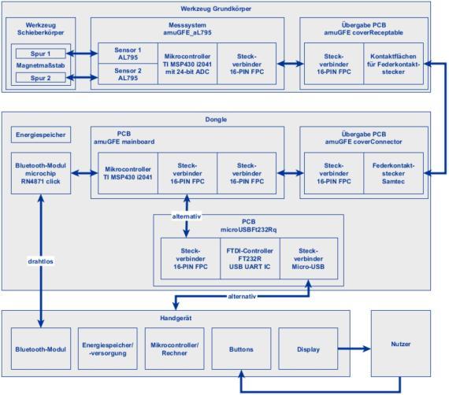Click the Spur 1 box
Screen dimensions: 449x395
[41, 54]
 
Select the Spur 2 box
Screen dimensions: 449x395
[41, 78]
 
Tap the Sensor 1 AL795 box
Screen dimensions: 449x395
[128, 54]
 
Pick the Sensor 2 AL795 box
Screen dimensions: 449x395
[128, 74]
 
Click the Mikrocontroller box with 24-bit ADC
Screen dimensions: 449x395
[187, 64]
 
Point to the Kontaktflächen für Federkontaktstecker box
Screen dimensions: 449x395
[393, 64]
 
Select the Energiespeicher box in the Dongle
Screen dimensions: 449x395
[41, 135]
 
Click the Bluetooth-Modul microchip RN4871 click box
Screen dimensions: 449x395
[41, 173]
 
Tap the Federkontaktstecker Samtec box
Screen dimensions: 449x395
[393, 173]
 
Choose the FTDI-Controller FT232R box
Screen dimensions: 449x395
[250, 259]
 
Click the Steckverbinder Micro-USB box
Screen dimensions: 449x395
[309, 259]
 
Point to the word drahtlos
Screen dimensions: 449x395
[41, 261]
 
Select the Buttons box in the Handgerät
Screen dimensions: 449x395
[241, 349]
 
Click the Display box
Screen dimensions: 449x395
[308, 349]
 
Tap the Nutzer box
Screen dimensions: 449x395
[401, 344]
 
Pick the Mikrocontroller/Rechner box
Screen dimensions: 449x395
[174, 349]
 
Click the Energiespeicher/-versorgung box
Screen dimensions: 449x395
[108, 349]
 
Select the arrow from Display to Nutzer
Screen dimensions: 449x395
[354, 349]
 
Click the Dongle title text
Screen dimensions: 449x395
[216, 120]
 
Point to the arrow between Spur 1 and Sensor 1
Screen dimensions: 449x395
[82, 54]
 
